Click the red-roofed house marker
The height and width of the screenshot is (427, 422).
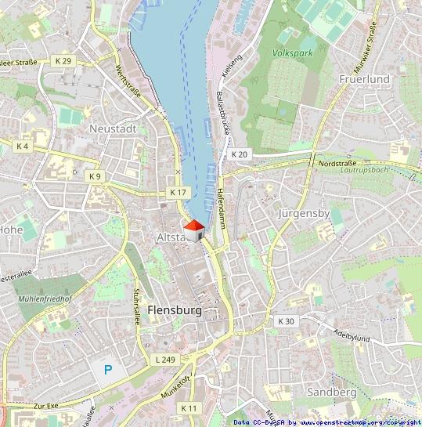click(x=193, y=230)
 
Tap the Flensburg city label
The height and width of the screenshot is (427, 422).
click(x=174, y=310)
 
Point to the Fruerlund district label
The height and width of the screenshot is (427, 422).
click(x=365, y=79)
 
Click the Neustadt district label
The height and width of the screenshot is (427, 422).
click(x=113, y=128)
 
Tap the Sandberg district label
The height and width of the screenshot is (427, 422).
click(x=332, y=391)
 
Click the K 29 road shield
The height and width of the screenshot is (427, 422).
click(x=63, y=60)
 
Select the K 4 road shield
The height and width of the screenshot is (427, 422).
click(x=22, y=147)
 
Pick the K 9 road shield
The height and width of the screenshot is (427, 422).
click(x=95, y=176)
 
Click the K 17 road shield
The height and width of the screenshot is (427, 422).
click(x=179, y=192)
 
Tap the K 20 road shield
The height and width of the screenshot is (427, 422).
click(x=239, y=154)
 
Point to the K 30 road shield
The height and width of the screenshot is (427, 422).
click(x=286, y=321)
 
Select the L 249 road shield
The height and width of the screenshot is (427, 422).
click(x=164, y=359)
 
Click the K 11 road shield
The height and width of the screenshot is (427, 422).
click(x=189, y=407)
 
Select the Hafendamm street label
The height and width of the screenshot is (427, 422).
click(x=222, y=204)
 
